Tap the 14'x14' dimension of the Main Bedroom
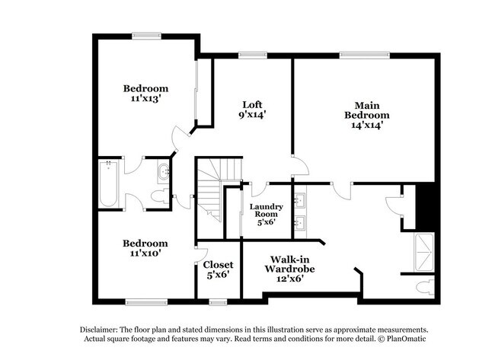361,126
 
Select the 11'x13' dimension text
145,99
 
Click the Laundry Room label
266,211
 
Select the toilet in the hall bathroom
159,196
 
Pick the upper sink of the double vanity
300,201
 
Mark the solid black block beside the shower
426,205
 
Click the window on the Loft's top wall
247,54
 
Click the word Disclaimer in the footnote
100,329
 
